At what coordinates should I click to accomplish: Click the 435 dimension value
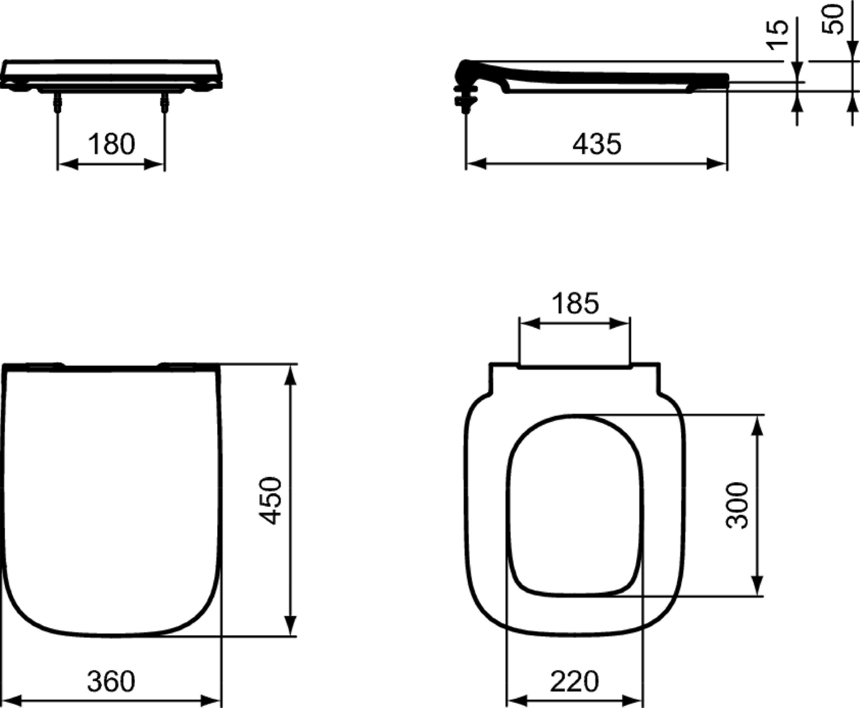pyautogui.click(x=597, y=144)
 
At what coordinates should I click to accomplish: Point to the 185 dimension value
pyautogui.click(x=575, y=303)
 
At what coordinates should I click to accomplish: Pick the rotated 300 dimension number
pyautogui.click(x=737, y=506)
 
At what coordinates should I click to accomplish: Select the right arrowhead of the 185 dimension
pyautogui.click(x=620, y=324)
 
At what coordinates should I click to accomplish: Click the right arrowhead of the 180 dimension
pyautogui.click(x=154, y=165)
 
